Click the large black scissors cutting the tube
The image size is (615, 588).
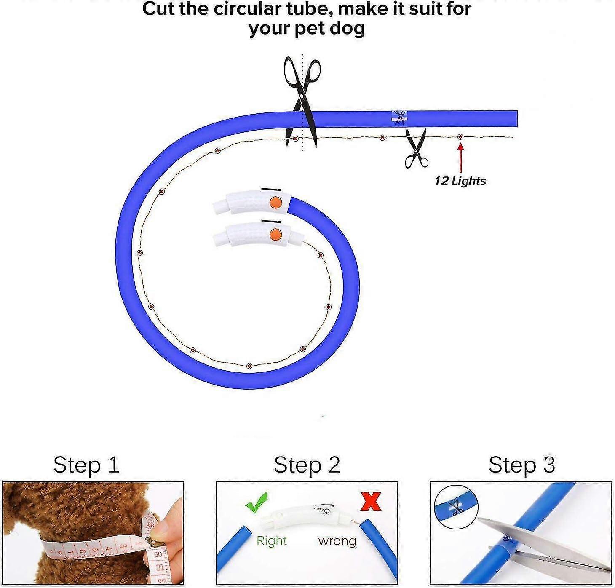point(302,101)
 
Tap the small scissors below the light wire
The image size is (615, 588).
point(416,149)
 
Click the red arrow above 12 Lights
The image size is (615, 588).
point(460,158)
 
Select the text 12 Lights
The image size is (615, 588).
point(460,181)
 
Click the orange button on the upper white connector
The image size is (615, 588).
point(275,202)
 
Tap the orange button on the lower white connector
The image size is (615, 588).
point(275,234)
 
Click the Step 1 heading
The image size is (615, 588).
point(86,465)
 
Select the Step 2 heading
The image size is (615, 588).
point(307,465)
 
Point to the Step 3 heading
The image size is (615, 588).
point(521,465)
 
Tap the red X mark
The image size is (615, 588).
point(370,501)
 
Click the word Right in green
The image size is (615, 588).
point(272,540)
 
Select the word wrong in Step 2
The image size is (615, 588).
point(337,540)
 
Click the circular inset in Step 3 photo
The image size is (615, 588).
point(456,507)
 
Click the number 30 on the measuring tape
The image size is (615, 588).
point(158,554)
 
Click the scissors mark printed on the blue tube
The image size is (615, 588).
point(399,117)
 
